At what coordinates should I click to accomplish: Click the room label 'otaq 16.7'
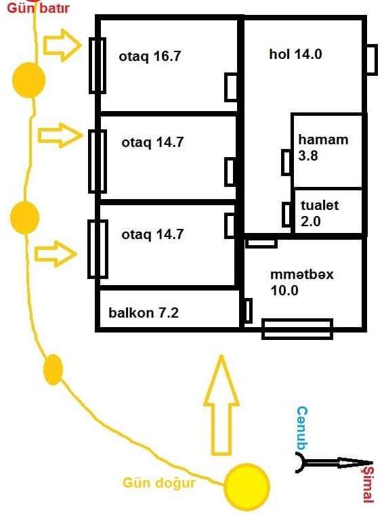150,56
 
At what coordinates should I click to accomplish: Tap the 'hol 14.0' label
295,54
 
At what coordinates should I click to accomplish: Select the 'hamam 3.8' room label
323,148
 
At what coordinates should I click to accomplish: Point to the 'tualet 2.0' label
320,213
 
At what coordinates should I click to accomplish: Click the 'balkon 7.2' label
144,313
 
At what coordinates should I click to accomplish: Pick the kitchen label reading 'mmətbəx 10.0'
301,282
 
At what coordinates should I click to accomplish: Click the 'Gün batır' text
38,7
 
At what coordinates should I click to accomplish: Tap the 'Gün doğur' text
159,483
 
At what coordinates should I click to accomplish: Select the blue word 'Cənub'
302,428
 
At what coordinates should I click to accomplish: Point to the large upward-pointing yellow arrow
221,405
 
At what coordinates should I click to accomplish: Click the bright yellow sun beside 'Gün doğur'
247,486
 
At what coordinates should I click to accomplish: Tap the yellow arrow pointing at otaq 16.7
62,45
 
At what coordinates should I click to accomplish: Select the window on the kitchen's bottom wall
297,329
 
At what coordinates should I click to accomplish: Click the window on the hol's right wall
371,60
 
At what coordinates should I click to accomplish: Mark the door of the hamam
286,162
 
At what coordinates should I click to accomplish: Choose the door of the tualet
287,215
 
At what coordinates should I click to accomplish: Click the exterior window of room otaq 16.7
98,66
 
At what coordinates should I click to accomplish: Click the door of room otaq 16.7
231,87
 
